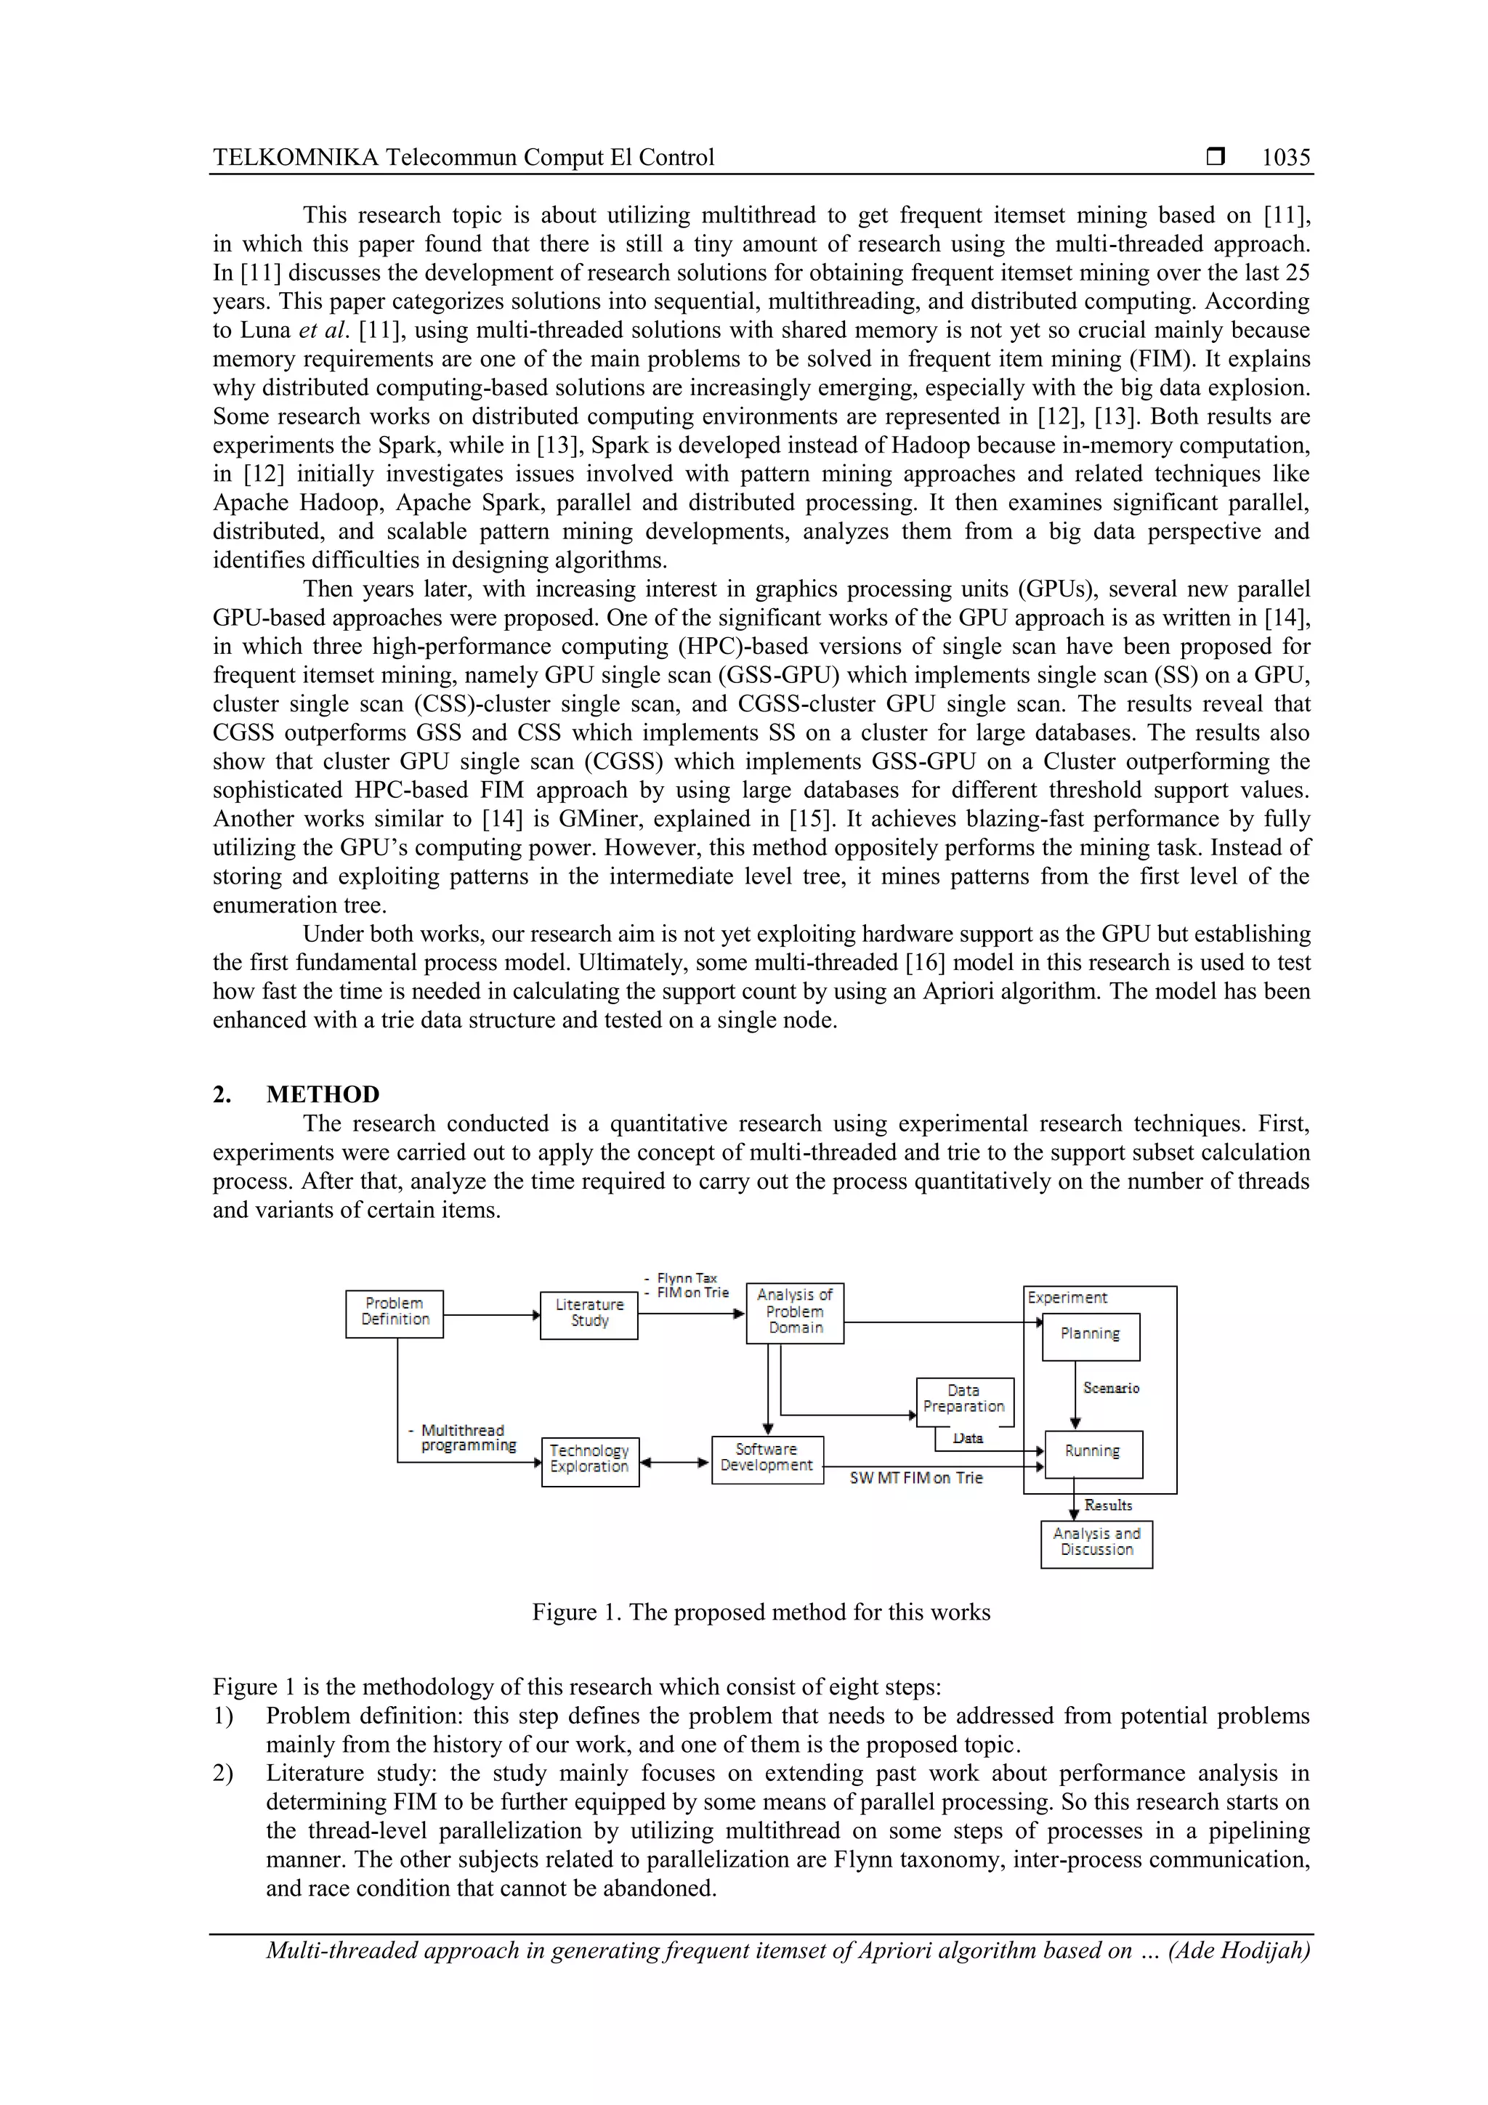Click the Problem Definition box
click(395, 1314)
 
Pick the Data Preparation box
click(964, 1402)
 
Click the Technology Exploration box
click(589, 1461)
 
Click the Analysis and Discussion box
click(1096, 1544)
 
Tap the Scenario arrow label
click(1111, 1388)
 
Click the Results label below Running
click(1109, 1506)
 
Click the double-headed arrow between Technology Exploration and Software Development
click(676, 1463)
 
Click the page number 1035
click(1285, 158)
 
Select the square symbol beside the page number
click(1216, 158)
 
